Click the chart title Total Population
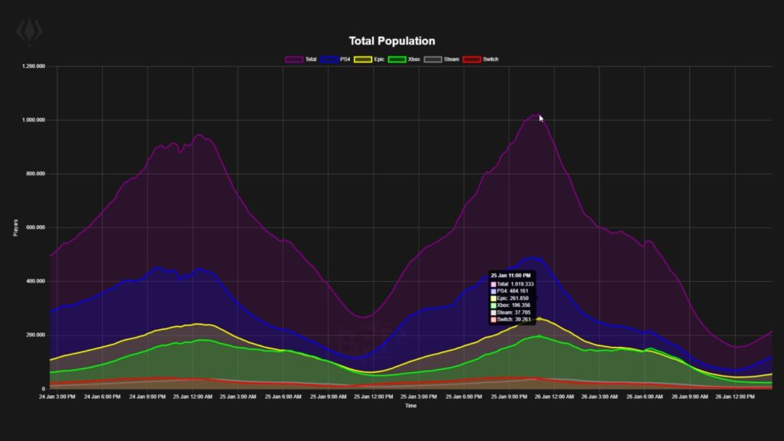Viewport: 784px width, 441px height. tap(391, 41)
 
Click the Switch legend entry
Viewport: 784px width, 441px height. tap(481, 59)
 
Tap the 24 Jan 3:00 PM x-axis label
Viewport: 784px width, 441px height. tap(57, 397)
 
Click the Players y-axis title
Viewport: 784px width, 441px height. tap(15, 227)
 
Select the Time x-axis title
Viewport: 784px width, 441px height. tap(411, 406)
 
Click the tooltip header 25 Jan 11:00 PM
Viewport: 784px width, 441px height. tap(511, 275)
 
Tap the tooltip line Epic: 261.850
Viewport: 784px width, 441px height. tap(514, 298)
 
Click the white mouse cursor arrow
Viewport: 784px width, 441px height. tap(541, 119)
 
